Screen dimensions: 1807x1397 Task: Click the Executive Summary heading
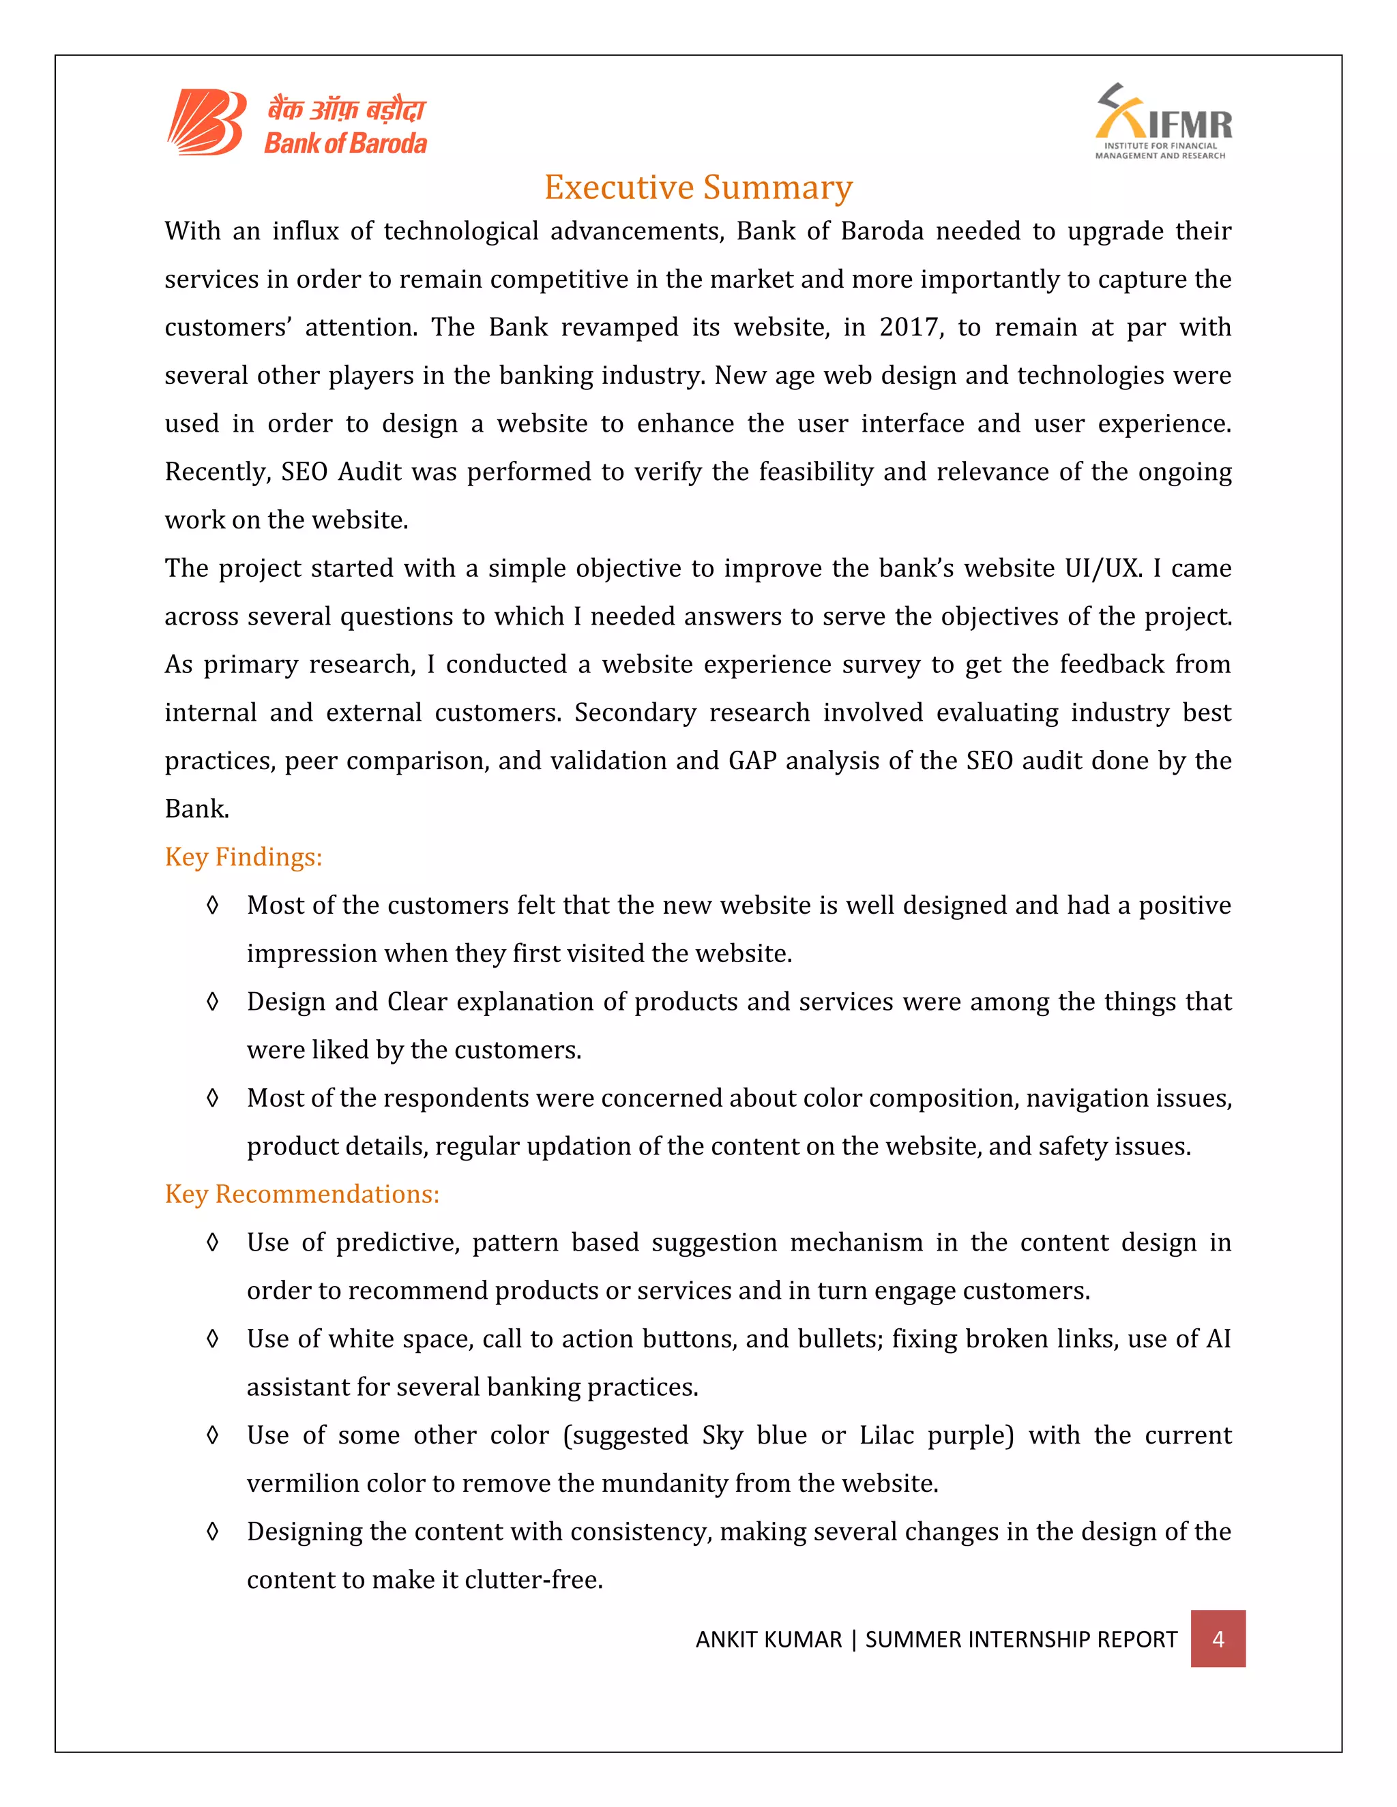coord(698,188)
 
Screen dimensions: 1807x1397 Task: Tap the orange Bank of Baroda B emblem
coord(207,123)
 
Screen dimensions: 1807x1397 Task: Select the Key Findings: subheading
coord(244,857)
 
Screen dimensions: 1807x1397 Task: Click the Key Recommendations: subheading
coord(302,1194)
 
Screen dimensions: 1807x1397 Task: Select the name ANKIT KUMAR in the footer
coord(768,1639)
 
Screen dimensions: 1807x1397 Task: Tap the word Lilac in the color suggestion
coord(886,1435)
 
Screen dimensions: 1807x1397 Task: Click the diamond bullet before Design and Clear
coord(213,1002)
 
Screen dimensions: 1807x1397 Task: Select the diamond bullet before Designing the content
coord(213,1532)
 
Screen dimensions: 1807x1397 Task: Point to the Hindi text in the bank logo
coord(346,109)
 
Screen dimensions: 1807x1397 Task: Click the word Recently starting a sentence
coord(218,473)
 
